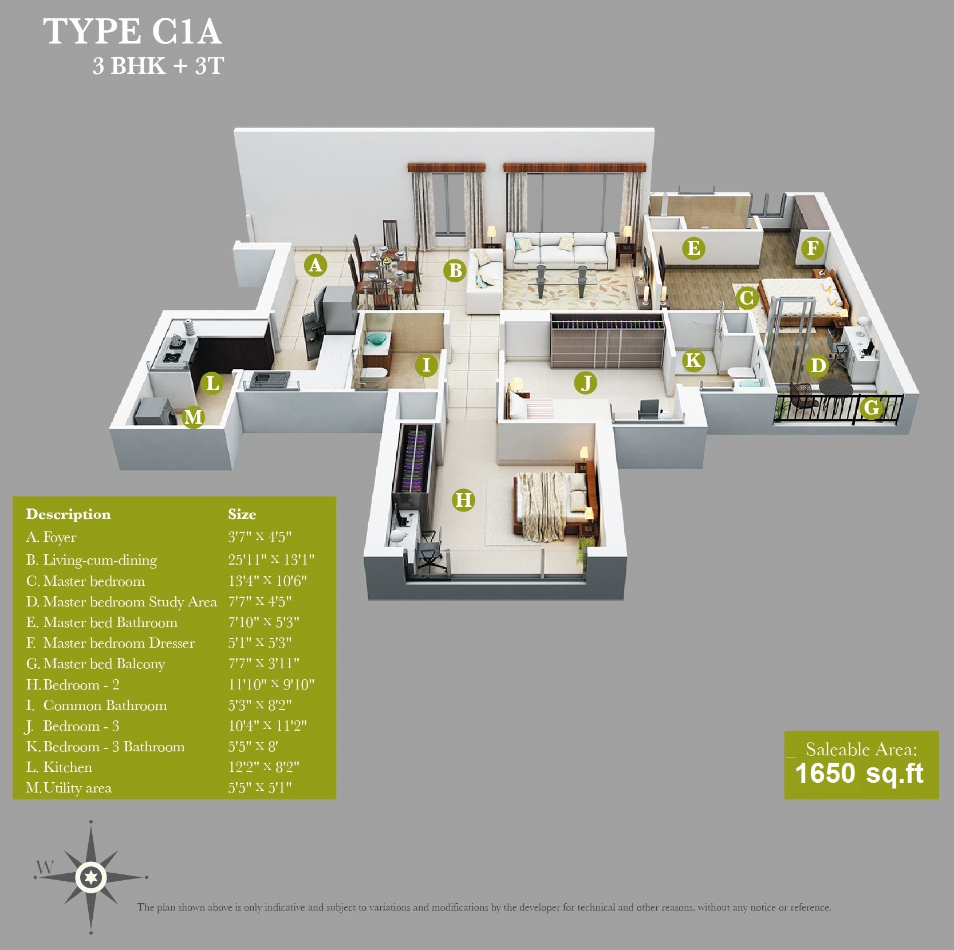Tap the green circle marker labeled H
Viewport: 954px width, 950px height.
pos(463,500)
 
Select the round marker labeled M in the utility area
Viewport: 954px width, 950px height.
pos(194,417)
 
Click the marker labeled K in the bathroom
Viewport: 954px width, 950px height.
pos(693,360)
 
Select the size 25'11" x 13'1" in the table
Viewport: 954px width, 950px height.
pos(271,559)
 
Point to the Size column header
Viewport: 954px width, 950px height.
pos(242,514)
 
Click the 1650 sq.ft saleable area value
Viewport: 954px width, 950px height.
pos(859,774)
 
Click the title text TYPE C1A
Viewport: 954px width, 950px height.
pos(132,31)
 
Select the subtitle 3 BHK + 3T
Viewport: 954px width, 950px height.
pos(158,66)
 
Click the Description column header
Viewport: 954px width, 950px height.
pos(68,514)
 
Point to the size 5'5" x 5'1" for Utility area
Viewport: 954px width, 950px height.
pos(260,787)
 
